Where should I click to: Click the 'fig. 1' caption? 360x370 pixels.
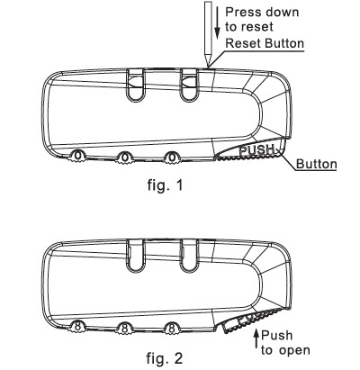tap(165, 185)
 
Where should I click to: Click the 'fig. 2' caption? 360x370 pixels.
tap(165, 357)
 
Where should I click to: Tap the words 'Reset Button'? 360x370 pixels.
tap(265, 43)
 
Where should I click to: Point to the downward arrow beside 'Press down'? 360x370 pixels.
tap(218, 23)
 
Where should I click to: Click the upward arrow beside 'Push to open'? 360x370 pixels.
tap(256, 338)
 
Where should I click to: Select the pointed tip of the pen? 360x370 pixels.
tap(208, 66)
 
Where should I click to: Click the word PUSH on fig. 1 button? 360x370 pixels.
tap(257, 149)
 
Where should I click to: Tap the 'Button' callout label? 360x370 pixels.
tap(317, 164)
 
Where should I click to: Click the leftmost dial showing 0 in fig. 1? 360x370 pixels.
tap(77, 156)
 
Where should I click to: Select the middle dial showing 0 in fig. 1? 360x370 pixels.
tap(125, 157)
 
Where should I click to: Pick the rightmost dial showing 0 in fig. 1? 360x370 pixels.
tap(172, 157)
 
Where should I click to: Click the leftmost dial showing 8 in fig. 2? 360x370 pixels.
tap(77, 327)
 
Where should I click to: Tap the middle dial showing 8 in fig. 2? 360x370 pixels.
tap(124, 328)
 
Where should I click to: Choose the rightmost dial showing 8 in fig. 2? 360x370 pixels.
tap(172, 328)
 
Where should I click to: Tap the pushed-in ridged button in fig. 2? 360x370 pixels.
tap(252, 320)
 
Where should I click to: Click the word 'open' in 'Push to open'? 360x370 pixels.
tap(294, 350)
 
